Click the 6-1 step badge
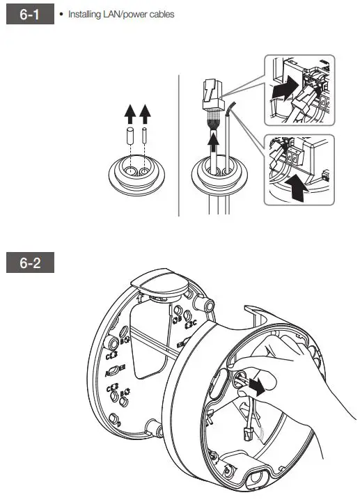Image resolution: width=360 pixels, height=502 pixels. pyautogui.click(x=30, y=15)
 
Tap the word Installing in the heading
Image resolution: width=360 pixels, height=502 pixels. pyautogui.click(x=84, y=15)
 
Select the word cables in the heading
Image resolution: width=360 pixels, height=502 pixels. pyautogui.click(x=161, y=15)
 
